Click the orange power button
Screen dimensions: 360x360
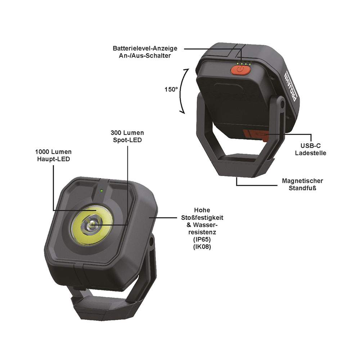pyautogui.click(x=240, y=69)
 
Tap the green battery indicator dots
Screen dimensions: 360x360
pyautogui.click(x=244, y=63)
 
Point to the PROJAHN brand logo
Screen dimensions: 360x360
pyautogui.click(x=291, y=86)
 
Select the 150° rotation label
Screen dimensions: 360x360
pyautogui.click(x=171, y=89)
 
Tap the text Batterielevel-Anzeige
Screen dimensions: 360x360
pyautogui.click(x=145, y=48)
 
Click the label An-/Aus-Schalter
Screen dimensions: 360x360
pyautogui.click(x=145, y=55)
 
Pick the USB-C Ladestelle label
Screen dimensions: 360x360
pyautogui.click(x=310, y=149)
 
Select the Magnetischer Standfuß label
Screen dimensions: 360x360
pyautogui.click(x=302, y=184)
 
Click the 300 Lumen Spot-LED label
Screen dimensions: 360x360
pyautogui.click(x=127, y=136)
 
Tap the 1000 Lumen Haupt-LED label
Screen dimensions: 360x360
pyautogui.click(x=53, y=155)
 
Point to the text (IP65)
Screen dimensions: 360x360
pyautogui.click(x=202, y=239)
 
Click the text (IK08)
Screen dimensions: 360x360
pyautogui.click(x=202, y=247)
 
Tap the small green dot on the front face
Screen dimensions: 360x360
pyautogui.click(x=101, y=190)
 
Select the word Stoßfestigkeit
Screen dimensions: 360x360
pyautogui.click(x=202, y=217)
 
